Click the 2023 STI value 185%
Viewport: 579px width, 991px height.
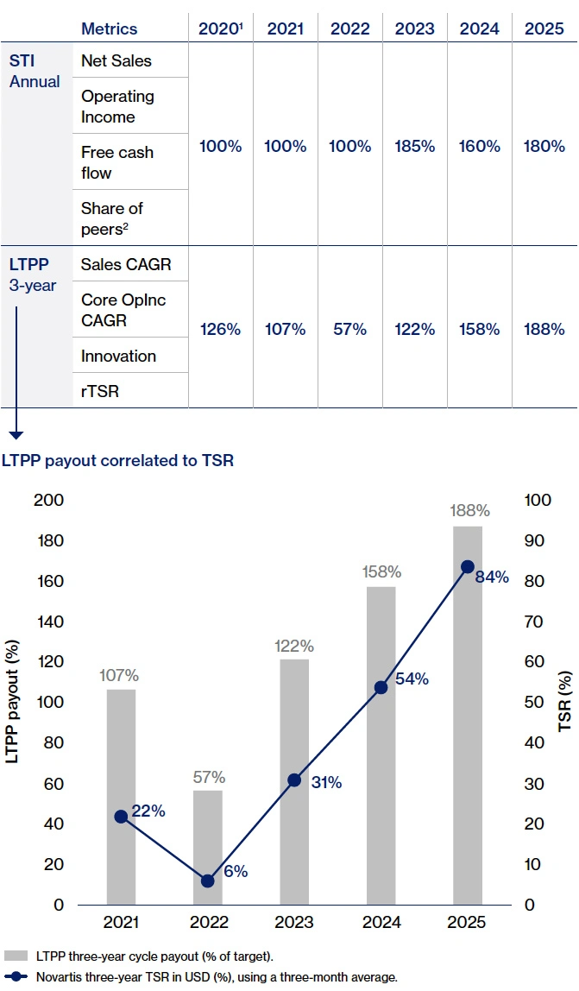[415, 146]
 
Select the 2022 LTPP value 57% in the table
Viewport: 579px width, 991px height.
[350, 329]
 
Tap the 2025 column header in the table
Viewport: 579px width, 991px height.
[544, 28]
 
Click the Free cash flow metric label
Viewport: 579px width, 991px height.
[117, 162]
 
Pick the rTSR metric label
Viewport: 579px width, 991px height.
[100, 391]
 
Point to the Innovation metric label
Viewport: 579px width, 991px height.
[118, 356]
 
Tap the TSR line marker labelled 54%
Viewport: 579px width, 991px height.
[381, 687]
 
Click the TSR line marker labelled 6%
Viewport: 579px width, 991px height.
[208, 881]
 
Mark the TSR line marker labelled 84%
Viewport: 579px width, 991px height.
[468, 566]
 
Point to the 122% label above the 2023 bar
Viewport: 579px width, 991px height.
[294, 646]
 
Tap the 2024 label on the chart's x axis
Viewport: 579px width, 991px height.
[381, 924]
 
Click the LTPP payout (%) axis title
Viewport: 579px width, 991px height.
[15, 702]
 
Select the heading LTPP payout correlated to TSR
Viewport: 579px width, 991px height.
[117, 460]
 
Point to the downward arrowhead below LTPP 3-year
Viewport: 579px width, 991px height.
[16, 435]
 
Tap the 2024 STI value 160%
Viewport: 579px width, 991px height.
[480, 146]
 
